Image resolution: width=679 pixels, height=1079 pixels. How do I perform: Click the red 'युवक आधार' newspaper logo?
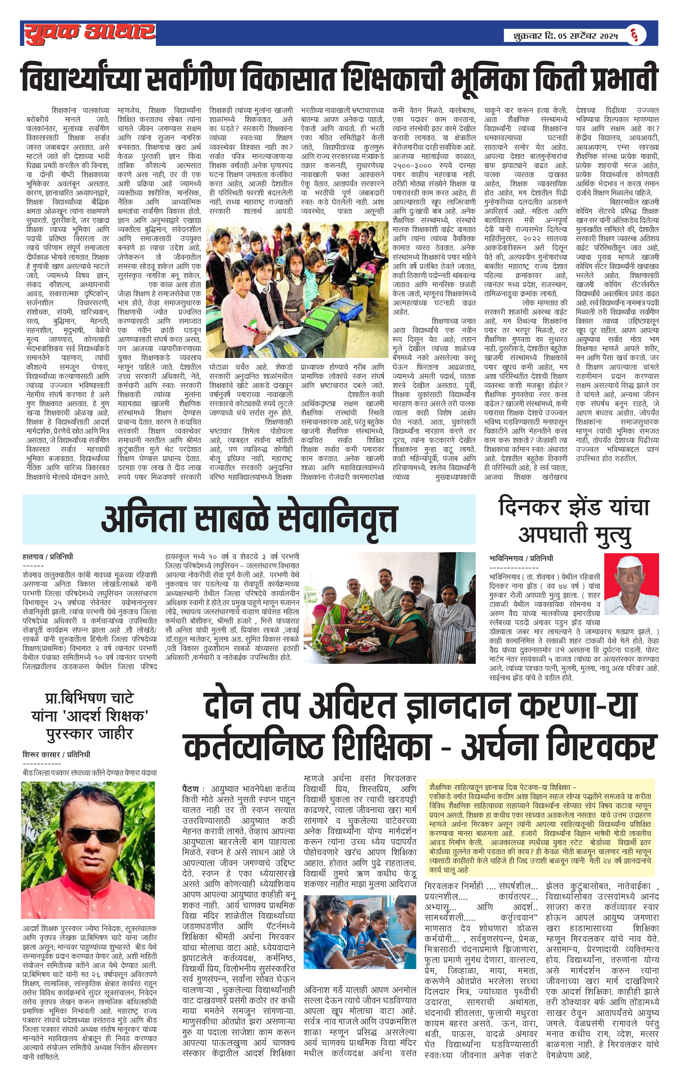click(x=90, y=33)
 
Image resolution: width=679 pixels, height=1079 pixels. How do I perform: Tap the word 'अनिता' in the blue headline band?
click(x=143, y=519)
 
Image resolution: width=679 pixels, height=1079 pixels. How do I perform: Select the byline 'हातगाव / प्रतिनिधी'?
click(x=47, y=557)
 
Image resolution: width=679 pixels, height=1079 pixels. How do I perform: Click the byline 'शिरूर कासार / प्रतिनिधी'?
click(x=56, y=755)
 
